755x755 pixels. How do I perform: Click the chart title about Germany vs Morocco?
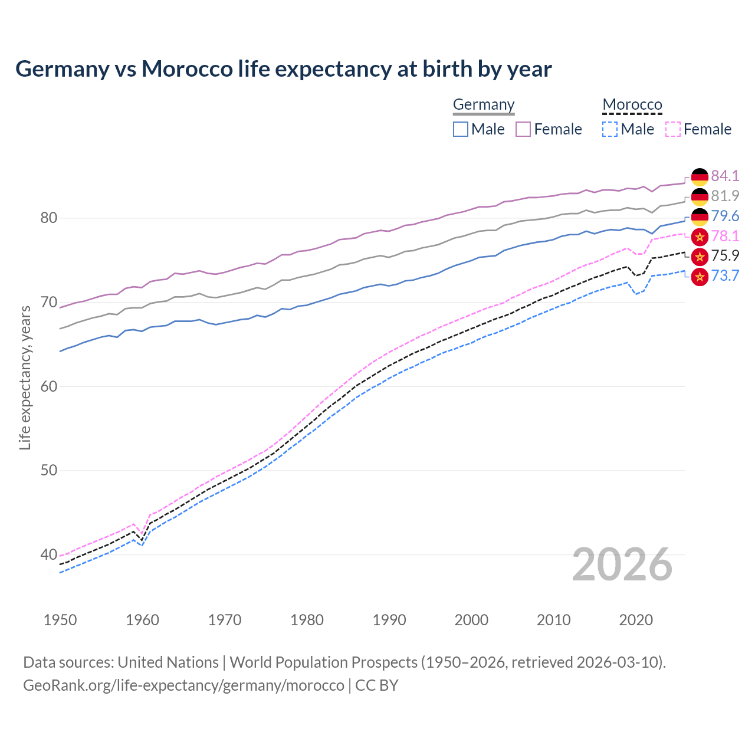coord(283,69)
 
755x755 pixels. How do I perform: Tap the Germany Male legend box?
coord(461,129)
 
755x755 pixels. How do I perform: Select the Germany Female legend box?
coord(523,129)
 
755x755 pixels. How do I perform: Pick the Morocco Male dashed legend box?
coord(610,129)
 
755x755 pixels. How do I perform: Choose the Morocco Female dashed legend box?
coord(672,129)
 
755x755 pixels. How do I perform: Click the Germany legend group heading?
coord(484,105)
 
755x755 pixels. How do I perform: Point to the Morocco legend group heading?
coord(632,105)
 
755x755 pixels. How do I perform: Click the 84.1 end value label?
coord(725,176)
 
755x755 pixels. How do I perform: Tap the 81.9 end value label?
coord(725,196)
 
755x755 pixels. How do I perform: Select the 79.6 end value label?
coord(725,216)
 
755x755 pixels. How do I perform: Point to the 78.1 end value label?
coord(725,236)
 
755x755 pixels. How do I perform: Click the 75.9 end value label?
coord(725,255)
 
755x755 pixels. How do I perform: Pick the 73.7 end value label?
coord(725,275)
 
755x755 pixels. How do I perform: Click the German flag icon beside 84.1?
coord(700,176)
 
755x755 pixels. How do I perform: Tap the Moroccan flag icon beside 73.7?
coord(700,276)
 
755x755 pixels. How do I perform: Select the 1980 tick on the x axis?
coord(307,620)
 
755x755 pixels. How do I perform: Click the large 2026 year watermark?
coord(622,564)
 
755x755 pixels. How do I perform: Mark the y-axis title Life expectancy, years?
coord(25,377)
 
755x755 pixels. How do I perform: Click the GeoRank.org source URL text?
coord(183,685)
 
